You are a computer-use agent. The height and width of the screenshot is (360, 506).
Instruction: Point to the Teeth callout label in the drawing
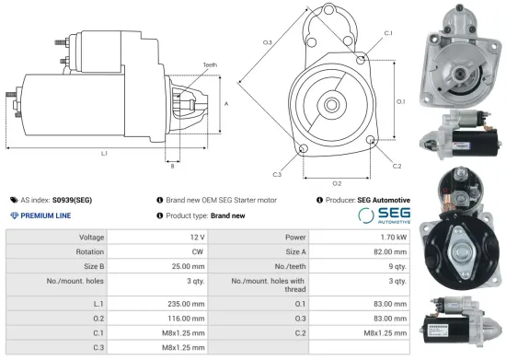click(x=211, y=64)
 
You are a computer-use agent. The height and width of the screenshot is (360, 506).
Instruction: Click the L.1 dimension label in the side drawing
click(x=104, y=153)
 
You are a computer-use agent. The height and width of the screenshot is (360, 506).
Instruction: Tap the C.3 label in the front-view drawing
click(x=277, y=173)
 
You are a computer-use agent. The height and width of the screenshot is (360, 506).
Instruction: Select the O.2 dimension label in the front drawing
click(x=337, y=183)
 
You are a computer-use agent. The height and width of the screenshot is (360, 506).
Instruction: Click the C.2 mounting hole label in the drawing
click(x=397, y=166)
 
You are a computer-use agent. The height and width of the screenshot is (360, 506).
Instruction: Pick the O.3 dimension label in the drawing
click(x=267, y=42)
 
